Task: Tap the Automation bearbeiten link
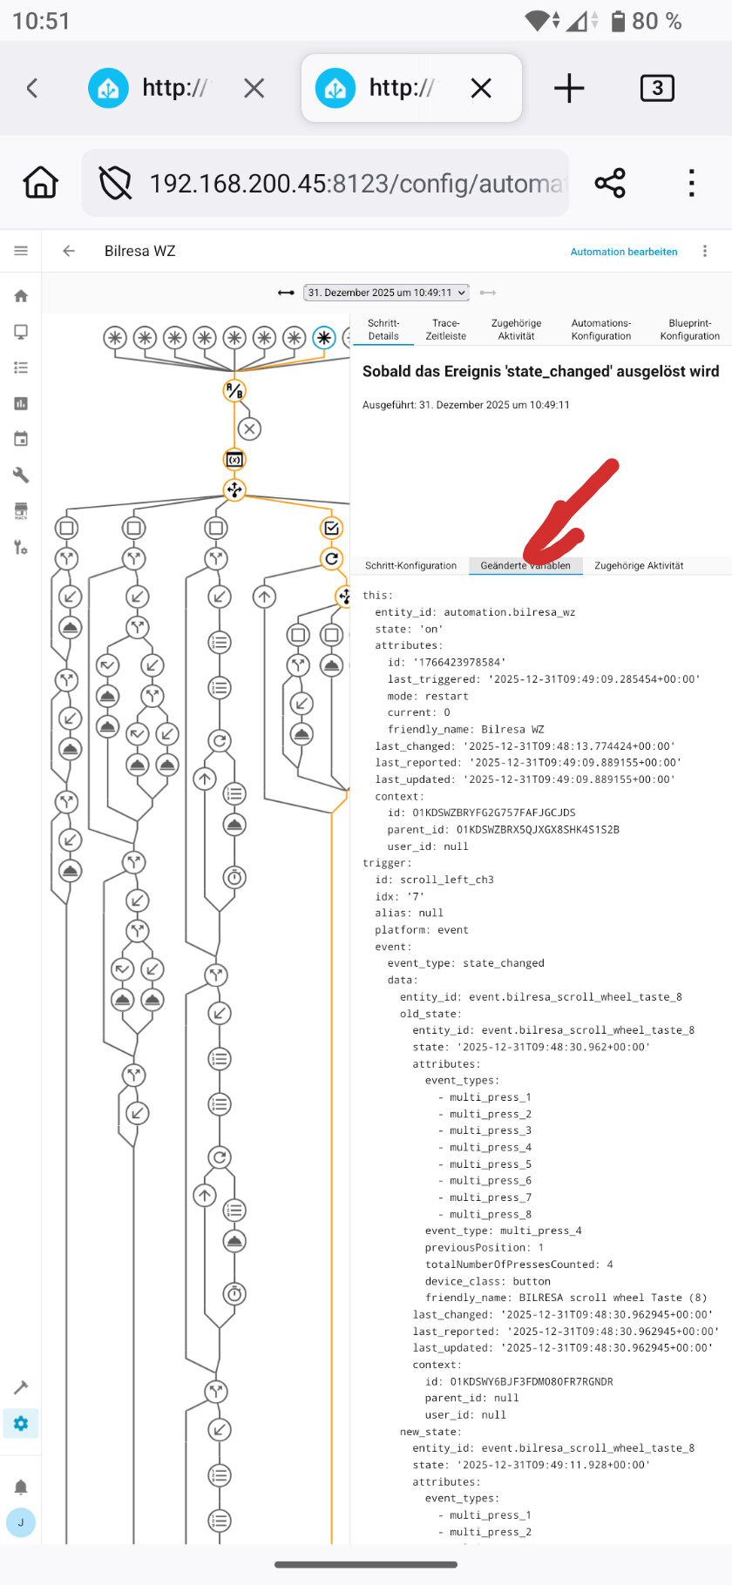click(623, 252)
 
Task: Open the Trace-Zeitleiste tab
click(445, 329)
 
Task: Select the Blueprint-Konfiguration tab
click(689, 329)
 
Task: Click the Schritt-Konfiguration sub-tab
click(410, 566)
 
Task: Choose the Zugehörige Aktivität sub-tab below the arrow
click(639, 566)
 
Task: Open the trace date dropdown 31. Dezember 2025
click(386, 293)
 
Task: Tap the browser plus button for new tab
click(569, 88)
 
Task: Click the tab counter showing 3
click(657, 88)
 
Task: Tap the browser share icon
click(610, 184)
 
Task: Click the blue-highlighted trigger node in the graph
click(324, 338)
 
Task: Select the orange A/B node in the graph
click(234, 391)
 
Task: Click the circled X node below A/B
click(249, 428)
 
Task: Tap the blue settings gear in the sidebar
click(21, 1423)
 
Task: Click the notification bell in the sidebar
click(21, 1487)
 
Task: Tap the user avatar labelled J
click(21, 1522)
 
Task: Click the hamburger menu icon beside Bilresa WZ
click(21, 251)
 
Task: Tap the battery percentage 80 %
click(656, 21)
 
